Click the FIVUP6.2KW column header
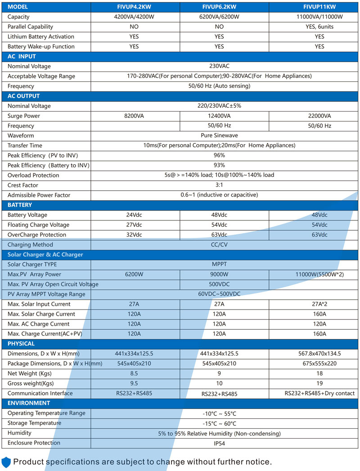(x=219, y=7)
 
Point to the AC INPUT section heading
(x=22, y=56)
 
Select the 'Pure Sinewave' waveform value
(x=219, y=135)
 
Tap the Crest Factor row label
(x=23, y=185)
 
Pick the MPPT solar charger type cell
(x=219, y=264)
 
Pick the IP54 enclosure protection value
(x=219, y=443)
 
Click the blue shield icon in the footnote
(x=6, y=462)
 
